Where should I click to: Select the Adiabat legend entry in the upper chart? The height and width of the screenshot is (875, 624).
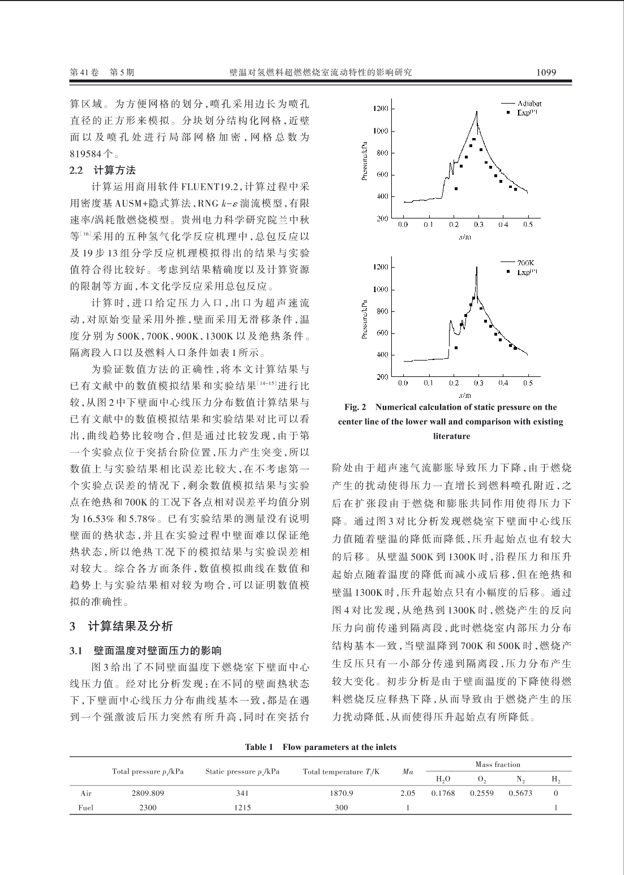tap(529, 104)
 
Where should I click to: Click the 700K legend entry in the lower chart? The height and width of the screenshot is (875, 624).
tap(527, 263)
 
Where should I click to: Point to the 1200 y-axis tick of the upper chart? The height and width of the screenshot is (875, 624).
tap(381, 109)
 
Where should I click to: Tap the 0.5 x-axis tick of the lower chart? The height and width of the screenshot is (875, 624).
tap(528, 383)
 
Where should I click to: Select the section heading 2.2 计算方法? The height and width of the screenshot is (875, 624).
tap(102, 170)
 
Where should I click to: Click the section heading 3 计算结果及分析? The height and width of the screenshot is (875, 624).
tap(121, 627)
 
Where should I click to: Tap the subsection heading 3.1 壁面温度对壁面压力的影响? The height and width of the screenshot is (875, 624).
tap(146, 650)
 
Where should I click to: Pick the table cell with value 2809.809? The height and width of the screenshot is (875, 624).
tap(148, 793)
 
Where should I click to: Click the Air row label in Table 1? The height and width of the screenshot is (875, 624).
tap(86, 793)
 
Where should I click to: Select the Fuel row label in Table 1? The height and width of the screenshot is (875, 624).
tap(86, 808)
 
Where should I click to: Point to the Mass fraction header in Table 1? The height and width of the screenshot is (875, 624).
tap(498, 764)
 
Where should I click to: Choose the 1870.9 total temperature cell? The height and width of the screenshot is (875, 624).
tap(341, 793)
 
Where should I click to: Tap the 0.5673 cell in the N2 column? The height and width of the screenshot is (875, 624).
tap(520, 793)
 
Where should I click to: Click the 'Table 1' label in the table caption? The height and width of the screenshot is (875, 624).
tap(260, 747)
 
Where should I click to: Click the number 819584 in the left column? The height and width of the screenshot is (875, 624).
tap(88, 153)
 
